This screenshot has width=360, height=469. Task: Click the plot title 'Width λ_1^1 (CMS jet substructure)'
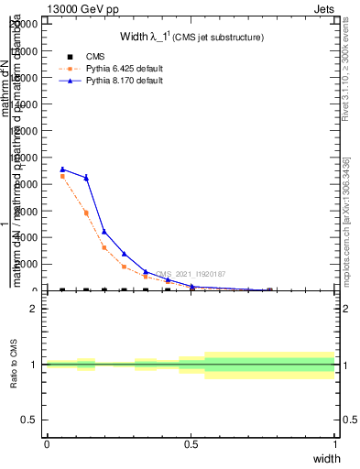tap(191, 37)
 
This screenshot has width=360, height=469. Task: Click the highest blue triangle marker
tap(62, 169)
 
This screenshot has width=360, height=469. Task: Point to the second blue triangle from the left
tap(86, 178)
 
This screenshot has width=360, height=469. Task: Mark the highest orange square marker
tap(62, 176)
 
